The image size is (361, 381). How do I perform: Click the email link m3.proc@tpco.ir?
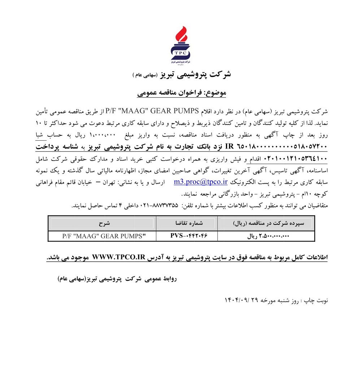(x=200, y=182)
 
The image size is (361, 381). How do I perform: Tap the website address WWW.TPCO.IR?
(x=119, y=258)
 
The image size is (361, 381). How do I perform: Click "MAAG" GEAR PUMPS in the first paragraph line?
(x=162, y=111)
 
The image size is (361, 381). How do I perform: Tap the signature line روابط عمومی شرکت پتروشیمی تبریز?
(x=117, y=279)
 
